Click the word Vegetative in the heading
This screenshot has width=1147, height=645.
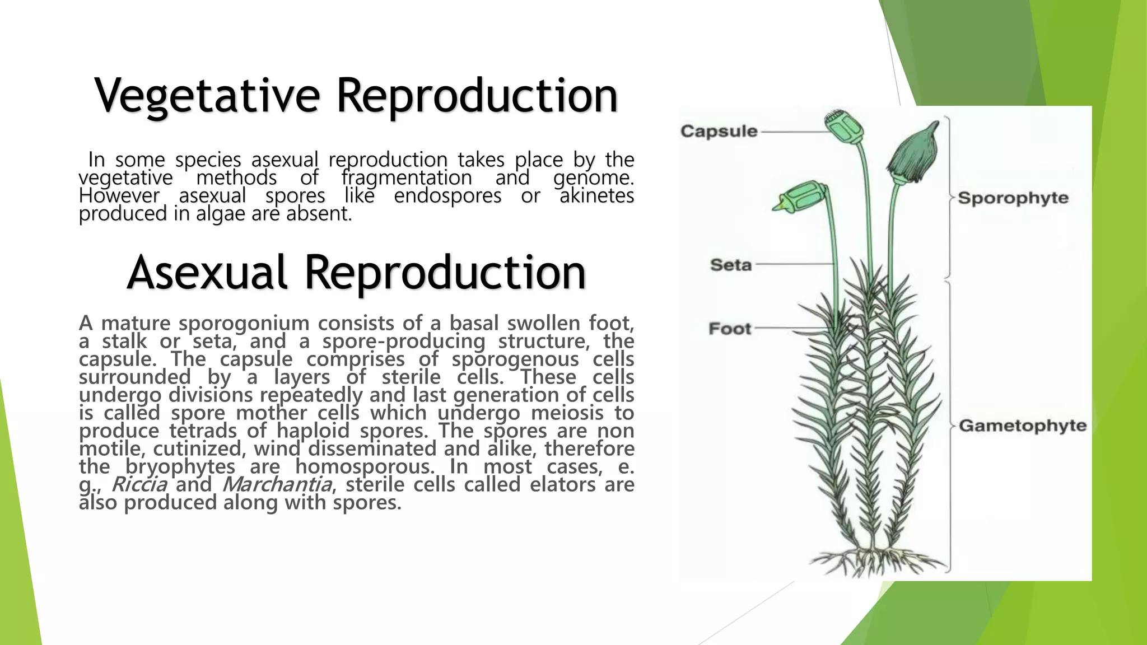207,96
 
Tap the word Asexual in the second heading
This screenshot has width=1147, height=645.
207,273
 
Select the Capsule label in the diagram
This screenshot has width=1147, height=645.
719,132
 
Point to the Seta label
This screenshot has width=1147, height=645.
730,264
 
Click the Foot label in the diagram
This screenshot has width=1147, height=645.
729,329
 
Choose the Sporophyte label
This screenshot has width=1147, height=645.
1013,198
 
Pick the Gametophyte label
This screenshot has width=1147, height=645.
1022,426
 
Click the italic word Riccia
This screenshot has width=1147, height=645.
139,484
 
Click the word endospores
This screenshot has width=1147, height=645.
447,196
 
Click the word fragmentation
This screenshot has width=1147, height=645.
407,178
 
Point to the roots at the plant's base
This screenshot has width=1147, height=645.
874,560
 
